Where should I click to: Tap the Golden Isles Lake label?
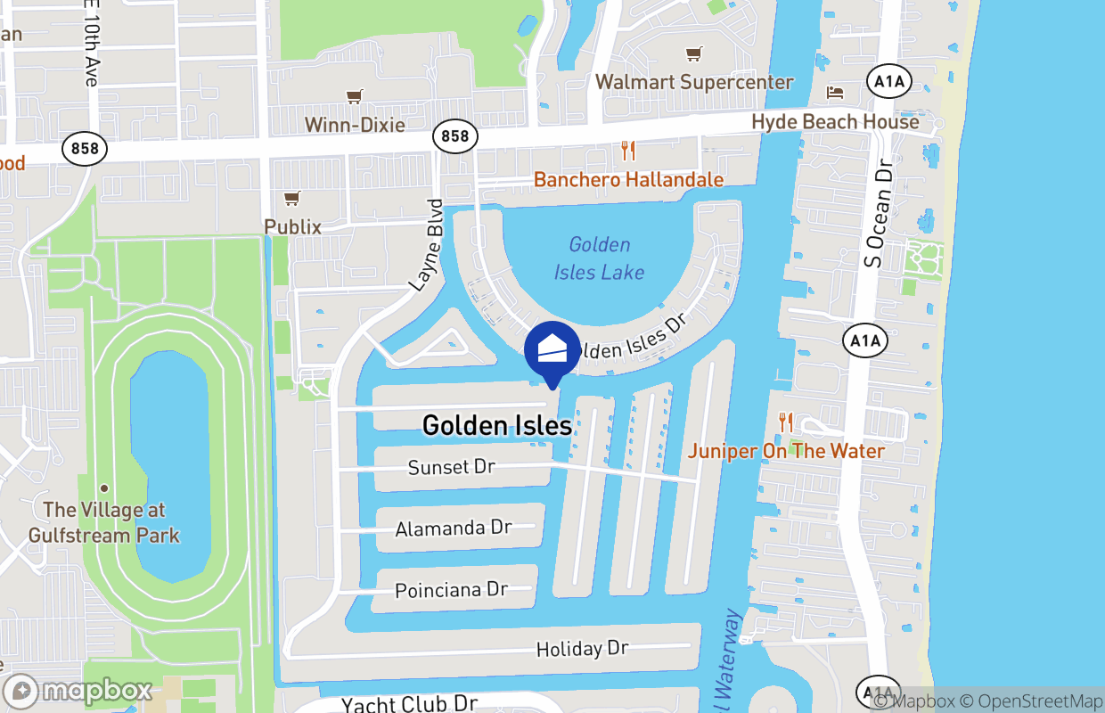point(599,258)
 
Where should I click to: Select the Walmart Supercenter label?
point(693,82)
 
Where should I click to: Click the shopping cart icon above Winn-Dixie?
point(355,96)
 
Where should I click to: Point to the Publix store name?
point(292,226)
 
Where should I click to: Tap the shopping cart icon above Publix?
point(291,198)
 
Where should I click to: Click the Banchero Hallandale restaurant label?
point(628,180)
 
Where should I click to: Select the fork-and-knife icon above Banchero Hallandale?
point(628,151)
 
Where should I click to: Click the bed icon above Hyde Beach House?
point(835,92)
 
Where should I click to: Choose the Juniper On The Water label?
point(786,451)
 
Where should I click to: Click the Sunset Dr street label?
point(451,467)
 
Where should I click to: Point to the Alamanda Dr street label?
point(454,528)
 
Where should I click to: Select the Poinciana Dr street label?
point(451,590)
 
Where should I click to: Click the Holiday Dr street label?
point(582,649)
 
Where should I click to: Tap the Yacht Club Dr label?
point(410,704)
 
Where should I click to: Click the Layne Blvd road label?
point(426,244)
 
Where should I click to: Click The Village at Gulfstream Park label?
point(104,522)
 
